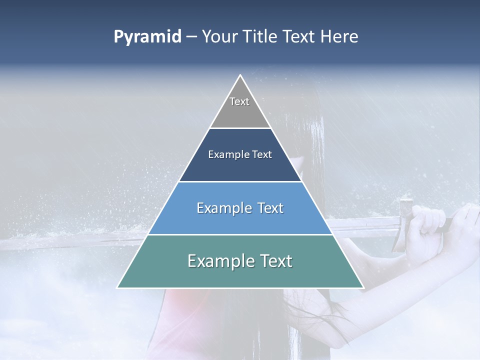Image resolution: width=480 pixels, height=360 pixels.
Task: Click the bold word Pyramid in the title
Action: click(147, 37)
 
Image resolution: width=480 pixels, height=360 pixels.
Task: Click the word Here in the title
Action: click(340, 37)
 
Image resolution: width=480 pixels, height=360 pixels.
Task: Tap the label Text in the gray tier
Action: click(239, 101)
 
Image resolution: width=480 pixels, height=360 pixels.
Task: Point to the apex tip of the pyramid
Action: click(240, 75)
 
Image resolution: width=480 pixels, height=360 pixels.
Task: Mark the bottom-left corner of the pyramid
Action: click(118, 287)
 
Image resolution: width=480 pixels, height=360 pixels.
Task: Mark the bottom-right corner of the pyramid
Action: click(363, 287)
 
